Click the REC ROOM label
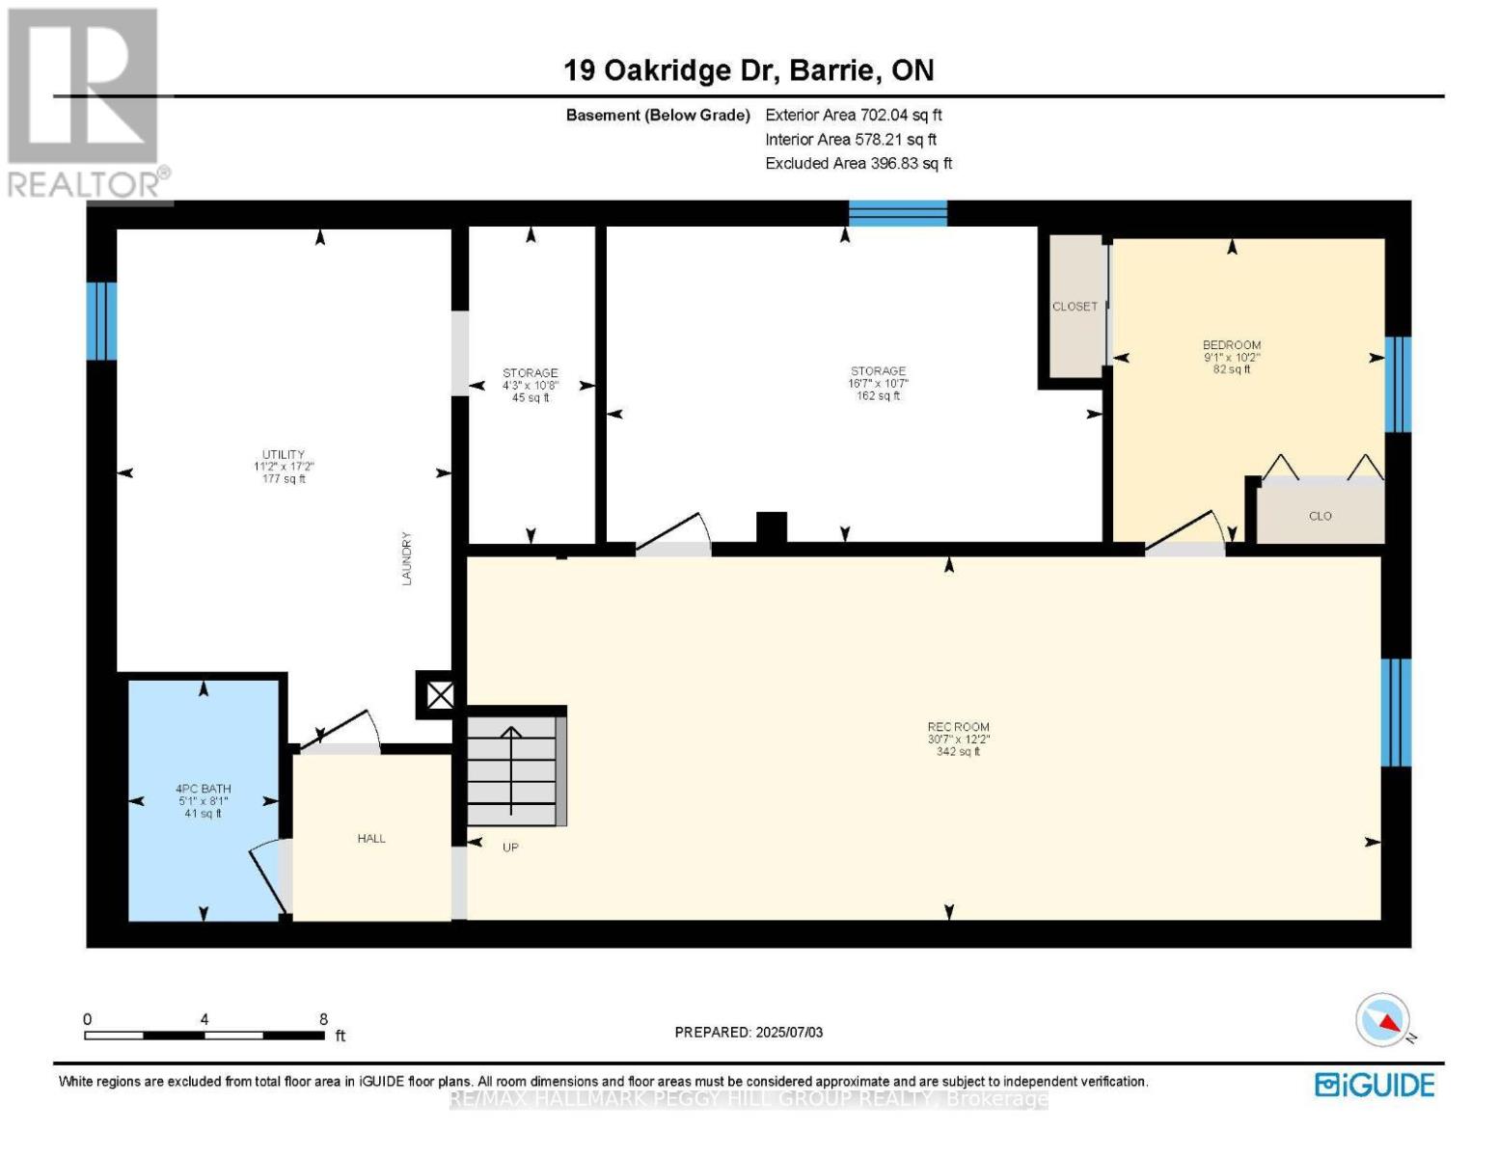(958, 727)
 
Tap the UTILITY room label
(284, 455)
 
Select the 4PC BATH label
(204, 789)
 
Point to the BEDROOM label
(1232, 345)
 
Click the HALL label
(371, 839)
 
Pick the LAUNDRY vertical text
(407, 558)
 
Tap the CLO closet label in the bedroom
(1321, 516)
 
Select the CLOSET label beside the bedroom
(1075, 307)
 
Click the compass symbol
(1382, 1020)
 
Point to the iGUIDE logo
(1375, 1086)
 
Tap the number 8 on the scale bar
(323, 1019)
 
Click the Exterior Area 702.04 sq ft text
(854, 115)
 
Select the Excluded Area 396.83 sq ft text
(858, 163)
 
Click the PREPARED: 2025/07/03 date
(749, 1033)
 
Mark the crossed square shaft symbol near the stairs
(440, 695)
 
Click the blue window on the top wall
(898, 214)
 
